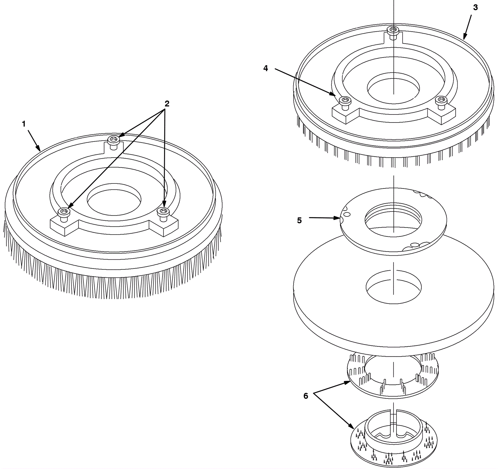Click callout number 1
(24, 124)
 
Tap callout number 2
(167, 104)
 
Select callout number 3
(475, 7)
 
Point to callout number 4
(265, 68)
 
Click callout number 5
(299, 221)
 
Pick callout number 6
(306, 396)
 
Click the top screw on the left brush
(114, 142)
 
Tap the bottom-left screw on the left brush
(64, 214)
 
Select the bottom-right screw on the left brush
(163, 214)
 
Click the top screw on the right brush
(393, 32)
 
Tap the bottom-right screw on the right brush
(441, 103)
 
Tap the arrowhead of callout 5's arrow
(337, 218)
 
